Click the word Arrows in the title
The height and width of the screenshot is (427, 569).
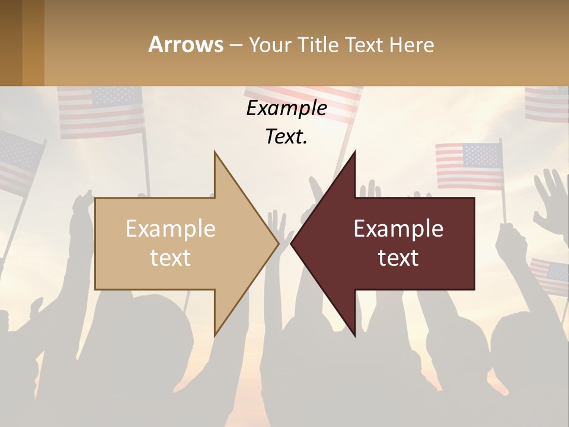186,44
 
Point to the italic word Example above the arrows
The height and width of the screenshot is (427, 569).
286,109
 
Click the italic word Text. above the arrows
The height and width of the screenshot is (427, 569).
286,137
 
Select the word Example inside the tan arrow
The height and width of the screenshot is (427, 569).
171,229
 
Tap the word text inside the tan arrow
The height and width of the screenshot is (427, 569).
171,258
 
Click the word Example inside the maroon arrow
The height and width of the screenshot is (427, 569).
398,229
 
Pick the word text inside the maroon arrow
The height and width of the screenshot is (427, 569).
398,258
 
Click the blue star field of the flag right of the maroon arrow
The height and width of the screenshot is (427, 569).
481,155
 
